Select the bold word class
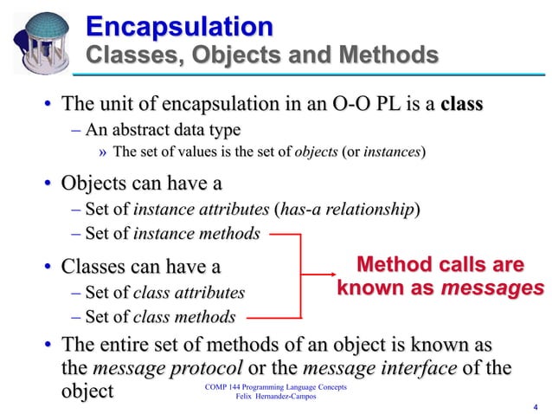click(461, 106)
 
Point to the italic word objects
click(317, 152)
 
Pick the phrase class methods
click(184, 317)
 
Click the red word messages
click(491, 288)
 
